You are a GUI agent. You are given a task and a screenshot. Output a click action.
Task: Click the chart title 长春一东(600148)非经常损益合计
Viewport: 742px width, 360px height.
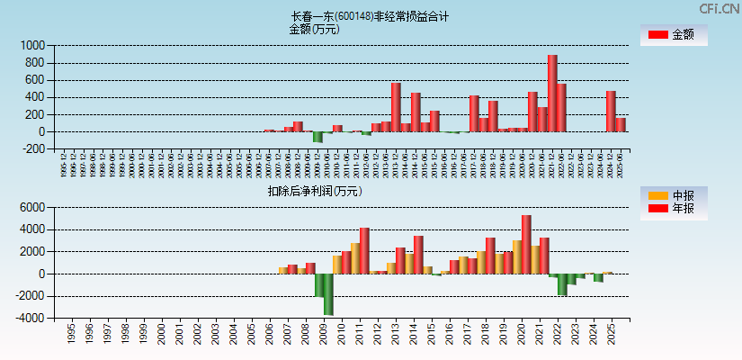click(370, 16)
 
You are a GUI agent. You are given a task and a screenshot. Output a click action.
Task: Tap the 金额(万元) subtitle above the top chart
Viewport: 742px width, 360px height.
click(314, 29)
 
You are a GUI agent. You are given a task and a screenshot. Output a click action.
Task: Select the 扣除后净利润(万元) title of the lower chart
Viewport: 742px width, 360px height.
click(314, 191)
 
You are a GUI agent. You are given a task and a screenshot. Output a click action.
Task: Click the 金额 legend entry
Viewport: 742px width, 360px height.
click(673, 34)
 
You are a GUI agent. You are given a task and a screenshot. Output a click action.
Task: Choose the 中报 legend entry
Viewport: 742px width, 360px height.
click(673, 195)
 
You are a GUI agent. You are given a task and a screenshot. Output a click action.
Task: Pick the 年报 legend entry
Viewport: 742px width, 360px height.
click(673, 209)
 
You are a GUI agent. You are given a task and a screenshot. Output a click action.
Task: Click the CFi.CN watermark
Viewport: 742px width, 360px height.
click(719, 8)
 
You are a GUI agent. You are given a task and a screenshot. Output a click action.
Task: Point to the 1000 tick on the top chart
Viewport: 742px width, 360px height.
click(32, 45)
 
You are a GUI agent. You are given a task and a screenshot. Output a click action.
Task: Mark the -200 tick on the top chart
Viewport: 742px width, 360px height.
click(32, 148)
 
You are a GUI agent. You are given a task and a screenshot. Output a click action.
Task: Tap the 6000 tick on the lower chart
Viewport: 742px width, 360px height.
click(32, 207)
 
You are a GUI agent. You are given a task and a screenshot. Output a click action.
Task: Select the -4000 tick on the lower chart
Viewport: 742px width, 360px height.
click(31, 318)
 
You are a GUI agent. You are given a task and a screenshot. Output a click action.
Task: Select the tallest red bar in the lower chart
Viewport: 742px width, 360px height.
click(526, 244)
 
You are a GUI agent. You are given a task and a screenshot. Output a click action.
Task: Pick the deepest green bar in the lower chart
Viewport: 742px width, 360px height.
click(328, 294)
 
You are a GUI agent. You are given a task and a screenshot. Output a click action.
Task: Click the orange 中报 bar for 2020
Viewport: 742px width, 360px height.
click(517, 256)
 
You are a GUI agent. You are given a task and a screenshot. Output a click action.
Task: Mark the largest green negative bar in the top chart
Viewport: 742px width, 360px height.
click(317, 137)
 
